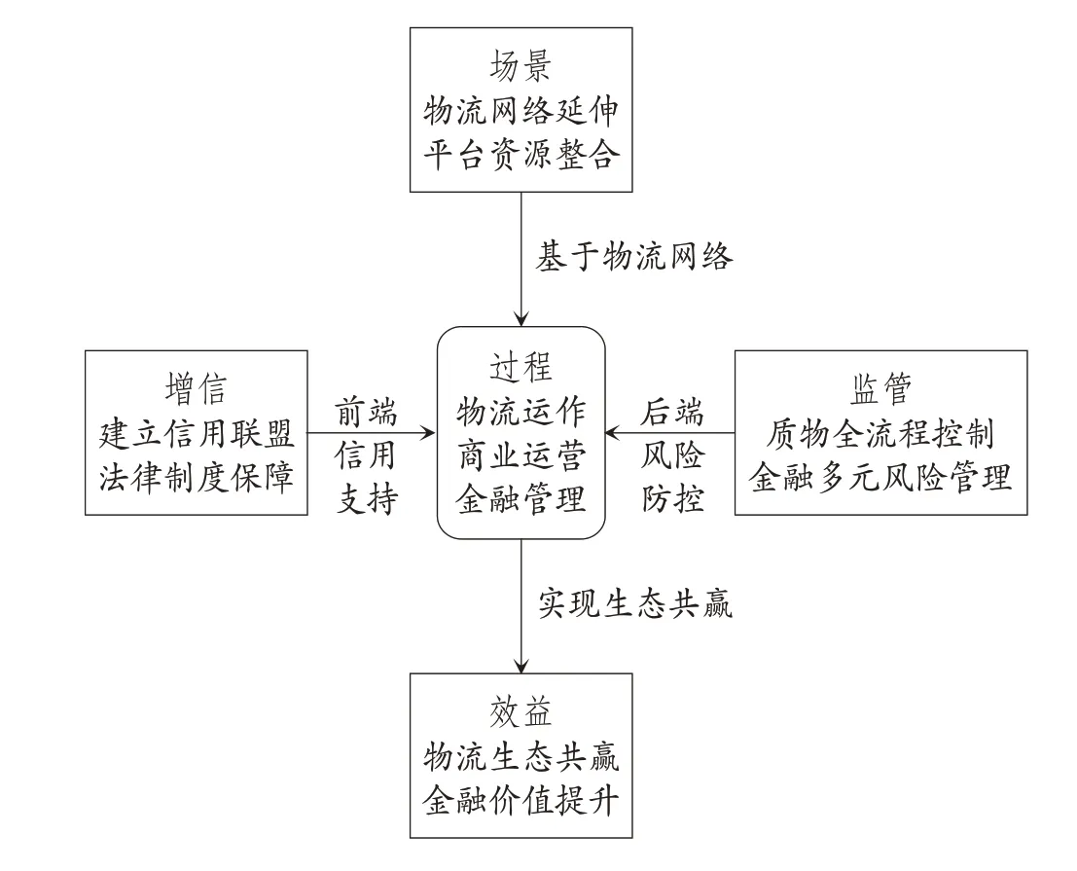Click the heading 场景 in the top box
pos(521,66)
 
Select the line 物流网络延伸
pos(521,111)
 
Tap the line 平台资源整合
pos(521,154)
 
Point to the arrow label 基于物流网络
pos(634,257)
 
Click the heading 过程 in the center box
pos(521,368)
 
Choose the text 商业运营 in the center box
pos(521,455)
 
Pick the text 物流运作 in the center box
pos(521,412)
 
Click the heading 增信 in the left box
pos(196,389)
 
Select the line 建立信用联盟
pos(197,433)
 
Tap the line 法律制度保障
pos(197,477)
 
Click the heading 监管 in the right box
pos(880,389)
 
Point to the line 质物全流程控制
pos(880,433)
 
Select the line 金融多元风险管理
pos(880,477)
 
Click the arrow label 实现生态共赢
pos(634,604)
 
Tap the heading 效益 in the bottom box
pos(521,712)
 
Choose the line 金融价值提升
pos(521,800)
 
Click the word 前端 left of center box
pos(366,413)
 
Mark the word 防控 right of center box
pos(673,499)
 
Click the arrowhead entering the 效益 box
pos(521,666)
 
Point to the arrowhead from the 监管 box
pos(613,433)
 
